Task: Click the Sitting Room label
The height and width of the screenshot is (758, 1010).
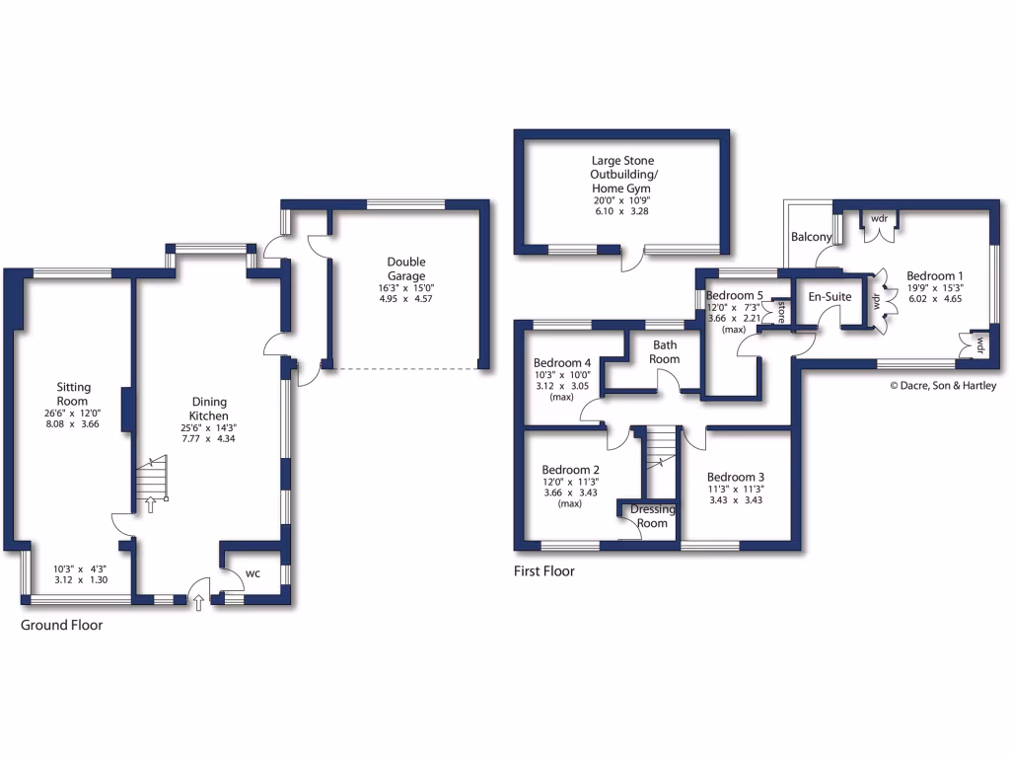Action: (x=72, y=394)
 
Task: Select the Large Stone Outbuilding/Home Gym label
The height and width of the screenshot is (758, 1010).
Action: (x=621, y=174)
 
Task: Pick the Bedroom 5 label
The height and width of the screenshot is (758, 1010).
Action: (x=735, y=295)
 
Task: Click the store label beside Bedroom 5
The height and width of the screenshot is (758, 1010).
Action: (x=780, y=312)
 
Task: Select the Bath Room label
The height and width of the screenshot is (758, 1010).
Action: (x=666, y=352)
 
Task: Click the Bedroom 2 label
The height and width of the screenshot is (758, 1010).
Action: (x=571, y=470)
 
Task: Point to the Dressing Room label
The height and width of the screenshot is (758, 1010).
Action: (x=653, y=516)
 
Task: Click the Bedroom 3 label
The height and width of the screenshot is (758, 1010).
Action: (x=736, y=475)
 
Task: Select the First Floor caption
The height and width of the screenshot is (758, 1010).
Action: (x=543, y=570)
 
